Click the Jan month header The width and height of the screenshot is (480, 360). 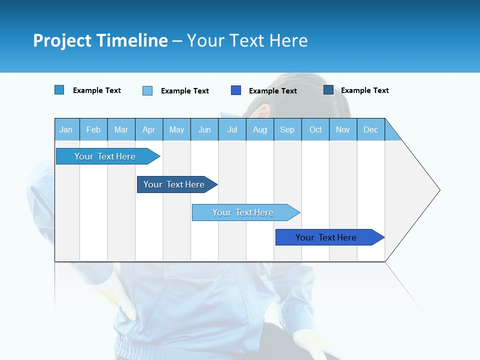pyautogui.click(x=66, y=130)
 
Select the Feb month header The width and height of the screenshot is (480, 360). pyautogui.click(x=93, y=130)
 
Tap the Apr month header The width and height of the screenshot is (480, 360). pyautogui.click(x=148, y=130)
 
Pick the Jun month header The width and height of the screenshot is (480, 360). pyautogui.click(x=204, y=130)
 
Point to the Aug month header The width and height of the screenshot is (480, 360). pyautogui.click(x=260, y=130)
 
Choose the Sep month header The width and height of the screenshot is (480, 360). pyautogui.click(x=287, y=130)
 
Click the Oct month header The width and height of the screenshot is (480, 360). pyautogui.click(x=315, y=130)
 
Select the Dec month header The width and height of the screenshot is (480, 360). pyautogui.click(x=370, y=130)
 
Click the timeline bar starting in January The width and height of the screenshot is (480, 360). pyautogui.click(x=105, y=156)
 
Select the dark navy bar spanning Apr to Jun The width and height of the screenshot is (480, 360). pyautogui.click(x=174, y=184)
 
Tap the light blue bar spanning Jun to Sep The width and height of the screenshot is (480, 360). pyautogui.click(x=243, y=212)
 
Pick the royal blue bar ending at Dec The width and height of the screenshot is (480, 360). pyautogui.click(x=326, y=237)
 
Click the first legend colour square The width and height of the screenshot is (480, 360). pyautogui.click(x=59, y=90)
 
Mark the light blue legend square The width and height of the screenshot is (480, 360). pyautogui.click(x=147, y=90)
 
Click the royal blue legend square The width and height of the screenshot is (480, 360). pyautogui.click(x=236, y=90)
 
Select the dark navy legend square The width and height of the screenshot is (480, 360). pyautogui.click(x=328, y=90)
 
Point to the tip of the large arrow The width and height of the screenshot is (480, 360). pyautogui.click(x=438, y=190)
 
